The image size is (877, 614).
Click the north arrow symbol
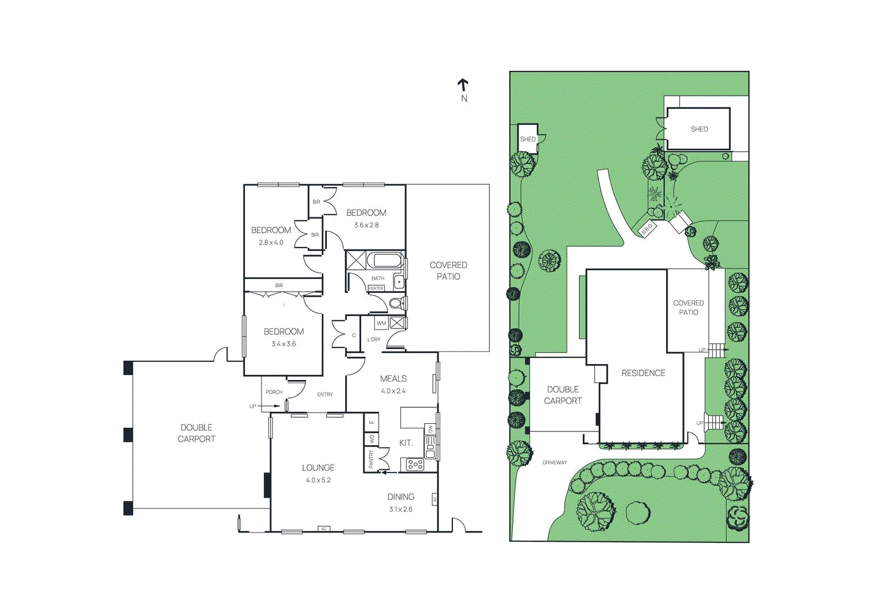point(463,85)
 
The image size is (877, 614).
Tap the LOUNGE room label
point(318,468)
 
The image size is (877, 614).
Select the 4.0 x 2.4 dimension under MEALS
point(393,391)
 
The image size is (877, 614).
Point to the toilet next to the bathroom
point(398,303)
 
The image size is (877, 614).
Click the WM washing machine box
point(381,323)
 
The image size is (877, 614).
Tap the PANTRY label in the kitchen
point(371,458)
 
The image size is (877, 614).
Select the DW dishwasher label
point(430,429)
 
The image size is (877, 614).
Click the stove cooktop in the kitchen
point(414,464)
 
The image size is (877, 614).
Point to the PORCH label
point(274,392)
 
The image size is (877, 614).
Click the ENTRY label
point(325,395)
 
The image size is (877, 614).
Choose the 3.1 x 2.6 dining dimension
point(401,509)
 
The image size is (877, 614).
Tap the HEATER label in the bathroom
point(376,288)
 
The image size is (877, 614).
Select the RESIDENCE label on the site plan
point(643,373)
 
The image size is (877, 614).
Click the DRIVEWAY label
point(554,463)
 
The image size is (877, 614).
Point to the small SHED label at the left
point(527,139)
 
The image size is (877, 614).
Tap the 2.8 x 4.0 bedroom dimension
point(271,243)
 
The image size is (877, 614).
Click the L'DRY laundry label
point(373,339)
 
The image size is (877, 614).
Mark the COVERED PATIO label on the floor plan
point(448,271)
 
